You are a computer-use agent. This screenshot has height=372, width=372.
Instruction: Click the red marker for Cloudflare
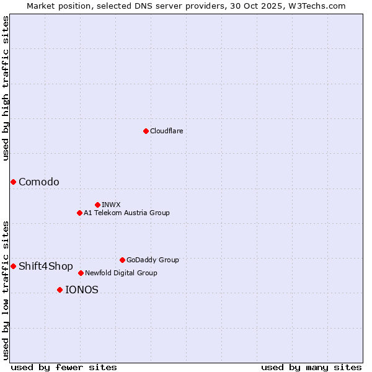coord(146,131)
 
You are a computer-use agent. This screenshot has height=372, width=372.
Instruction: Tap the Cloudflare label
coord(166,131)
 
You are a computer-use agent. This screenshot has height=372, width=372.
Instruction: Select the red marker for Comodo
coord(13,182)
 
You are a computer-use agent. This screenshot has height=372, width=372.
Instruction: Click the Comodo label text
coord(39,182)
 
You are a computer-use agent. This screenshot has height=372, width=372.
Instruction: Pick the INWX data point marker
coord(97,205)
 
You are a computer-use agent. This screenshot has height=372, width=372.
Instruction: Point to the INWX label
coord(111,205)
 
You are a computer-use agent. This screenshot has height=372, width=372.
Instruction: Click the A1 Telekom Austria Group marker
coord(79,213)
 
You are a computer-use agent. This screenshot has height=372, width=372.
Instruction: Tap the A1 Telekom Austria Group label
coord(126,213)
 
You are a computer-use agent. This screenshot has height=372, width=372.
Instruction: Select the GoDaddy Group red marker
coord(122,260)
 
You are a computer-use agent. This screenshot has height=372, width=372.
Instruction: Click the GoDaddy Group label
coord(152,260)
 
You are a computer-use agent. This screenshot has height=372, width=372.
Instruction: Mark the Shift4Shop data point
coord(13,266)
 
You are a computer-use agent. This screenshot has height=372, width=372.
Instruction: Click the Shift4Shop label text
coord(46,266)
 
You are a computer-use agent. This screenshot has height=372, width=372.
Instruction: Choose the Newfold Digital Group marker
coord(81,273)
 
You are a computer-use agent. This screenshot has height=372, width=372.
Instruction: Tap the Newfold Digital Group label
coord(121,273)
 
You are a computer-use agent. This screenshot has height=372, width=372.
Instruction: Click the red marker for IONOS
coord(60,290)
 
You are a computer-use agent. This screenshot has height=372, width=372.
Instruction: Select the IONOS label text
coord(82,290)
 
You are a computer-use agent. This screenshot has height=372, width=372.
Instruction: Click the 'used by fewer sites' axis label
coord(64,367)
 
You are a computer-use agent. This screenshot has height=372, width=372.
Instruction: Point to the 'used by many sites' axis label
coord(311,367)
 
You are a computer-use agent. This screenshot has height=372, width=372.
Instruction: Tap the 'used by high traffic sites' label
coord(6,88)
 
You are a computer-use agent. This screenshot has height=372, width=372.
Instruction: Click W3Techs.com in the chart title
coord(319,6)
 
